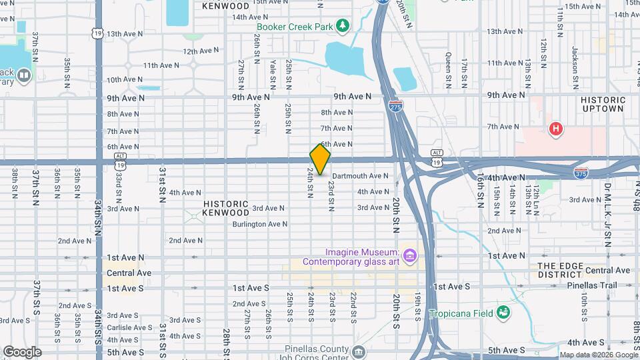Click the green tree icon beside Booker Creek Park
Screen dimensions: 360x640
[343, 26]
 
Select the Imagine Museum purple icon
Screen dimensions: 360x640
[409, 255]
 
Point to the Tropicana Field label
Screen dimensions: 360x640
[461, 313]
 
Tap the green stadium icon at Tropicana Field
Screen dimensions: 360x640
[503, 312]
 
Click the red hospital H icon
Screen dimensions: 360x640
[555, 129]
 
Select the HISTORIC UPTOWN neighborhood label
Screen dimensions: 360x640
[602, 104]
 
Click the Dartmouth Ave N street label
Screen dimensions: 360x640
[360, 176]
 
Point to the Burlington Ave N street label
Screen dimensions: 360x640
[259, 225]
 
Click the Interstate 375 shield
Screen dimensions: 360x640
[581, 173]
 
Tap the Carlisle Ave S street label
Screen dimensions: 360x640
[129, 327]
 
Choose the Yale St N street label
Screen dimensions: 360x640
[273, 74]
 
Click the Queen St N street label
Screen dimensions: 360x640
[449, 71]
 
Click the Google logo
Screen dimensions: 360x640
[22, 352]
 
